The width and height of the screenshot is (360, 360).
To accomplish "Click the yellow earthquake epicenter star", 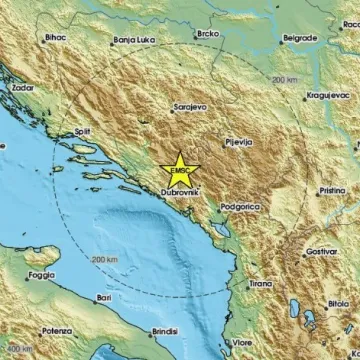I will [x=182, y=166].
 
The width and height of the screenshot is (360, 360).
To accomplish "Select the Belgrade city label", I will [x=299, y=38].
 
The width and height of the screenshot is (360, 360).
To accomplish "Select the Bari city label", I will [x=102, y=298].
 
